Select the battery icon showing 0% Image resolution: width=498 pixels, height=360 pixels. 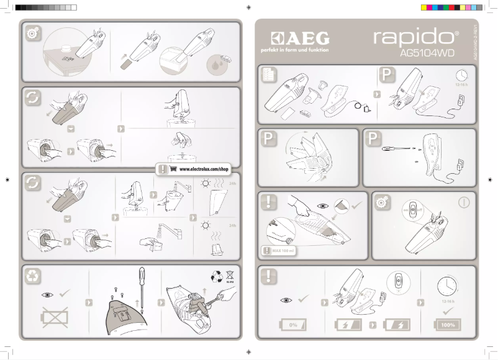tap(294, 324)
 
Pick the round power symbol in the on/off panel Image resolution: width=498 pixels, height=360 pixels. tap(463, 203)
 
